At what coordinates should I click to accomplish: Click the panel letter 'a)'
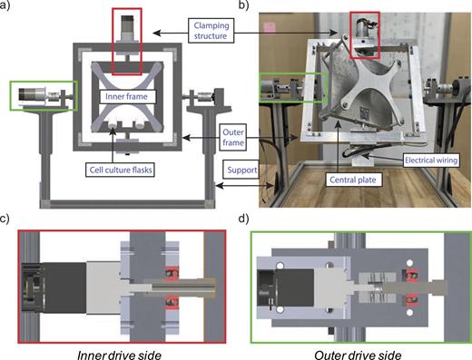click(8, 7)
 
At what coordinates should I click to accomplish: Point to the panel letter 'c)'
click(8, 220)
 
